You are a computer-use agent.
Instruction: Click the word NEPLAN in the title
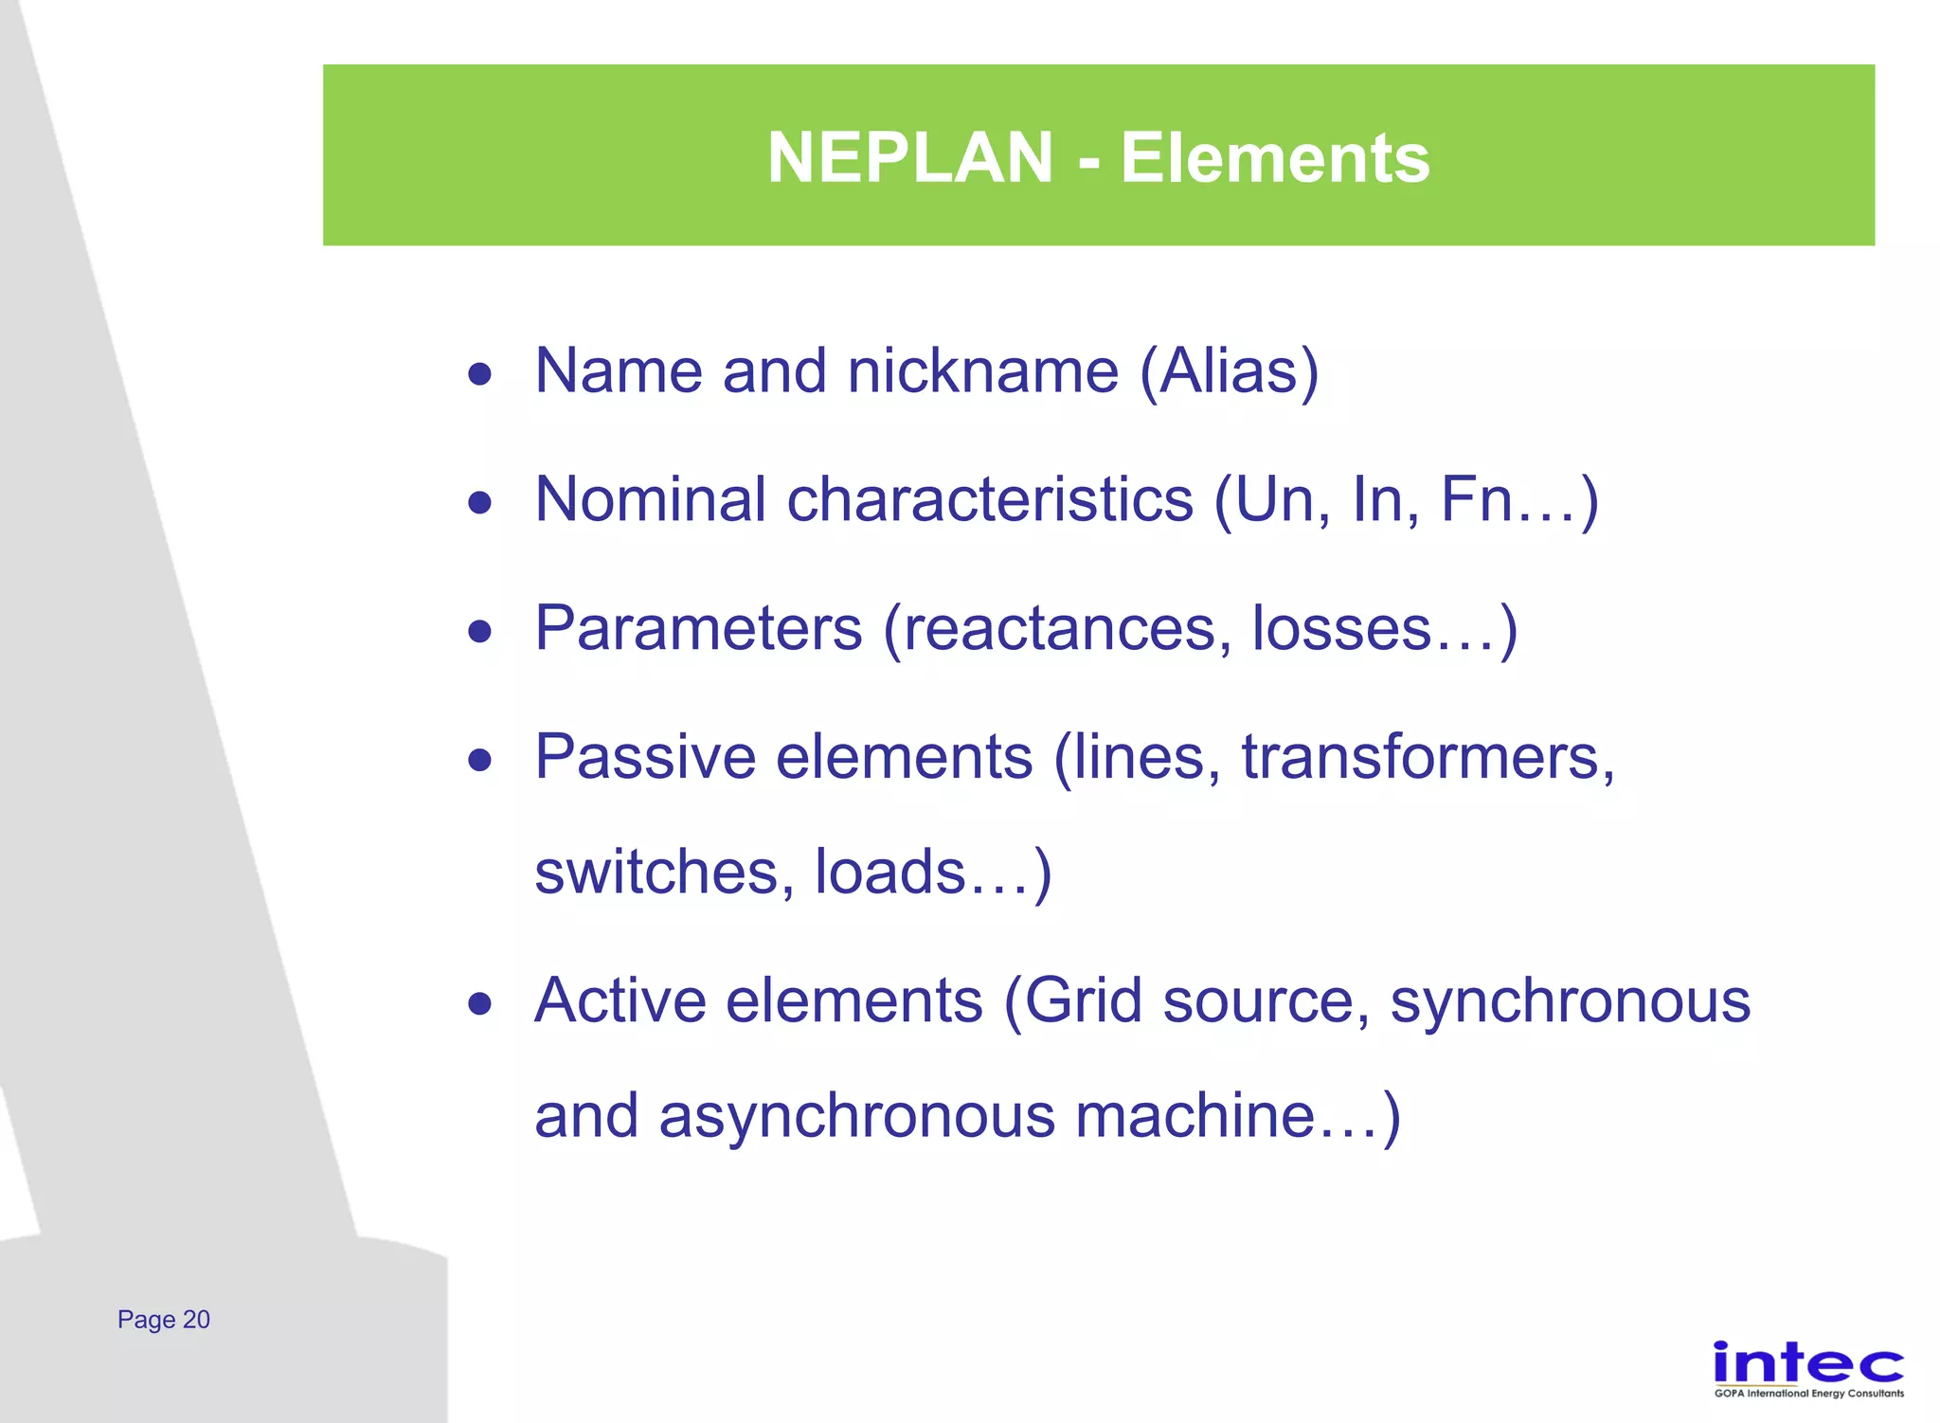tap(909, 157)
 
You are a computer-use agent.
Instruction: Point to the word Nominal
tap(650, 499)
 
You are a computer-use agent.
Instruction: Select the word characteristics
tap(989, 499)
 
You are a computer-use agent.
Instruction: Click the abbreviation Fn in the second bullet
tap(1476, 499)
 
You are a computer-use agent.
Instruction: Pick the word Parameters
tap(698, 628)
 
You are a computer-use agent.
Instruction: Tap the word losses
tap(1341, 628)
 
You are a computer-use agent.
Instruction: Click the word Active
tap(620, 1000)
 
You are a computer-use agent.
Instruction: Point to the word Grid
tap(1083, 1000)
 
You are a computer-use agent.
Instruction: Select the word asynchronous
tap(856, 1115)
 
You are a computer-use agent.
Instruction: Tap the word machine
tap(1195, 1115)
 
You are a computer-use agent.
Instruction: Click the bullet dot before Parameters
tap(480, 631)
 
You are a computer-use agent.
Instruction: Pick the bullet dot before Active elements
tap(480, 1003)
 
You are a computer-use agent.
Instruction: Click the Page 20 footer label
tap(164, 1320)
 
